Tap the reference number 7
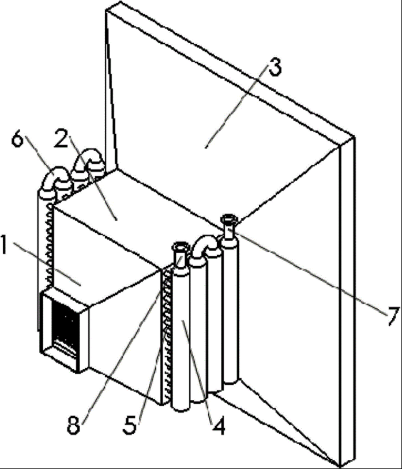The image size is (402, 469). click(392, 315)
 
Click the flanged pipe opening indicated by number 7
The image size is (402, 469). click(229, 220)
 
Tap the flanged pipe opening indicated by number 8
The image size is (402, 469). click(180, 248)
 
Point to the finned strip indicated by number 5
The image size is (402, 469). click(166, 334)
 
